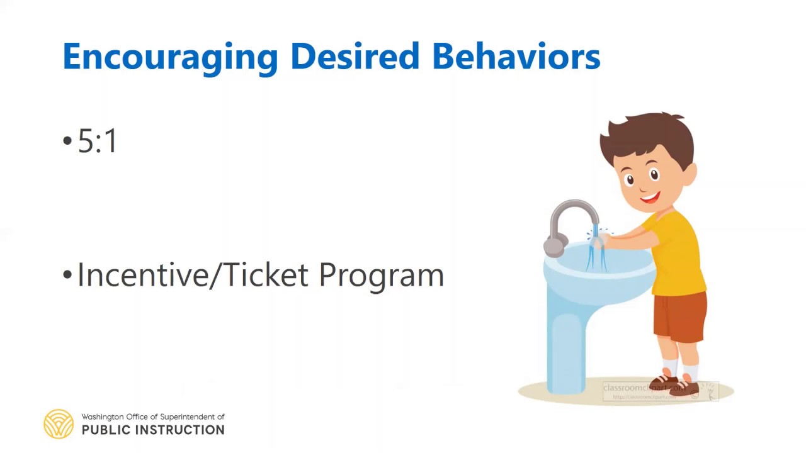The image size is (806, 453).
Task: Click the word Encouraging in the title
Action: pyautogui.click(x=170, y=57)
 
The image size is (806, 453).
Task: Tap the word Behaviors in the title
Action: pyautogui.click(x=516, y=57)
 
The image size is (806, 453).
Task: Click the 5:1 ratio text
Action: pyautogui.click(x=98, y=141)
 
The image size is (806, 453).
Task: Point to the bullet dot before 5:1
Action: pyautogui.click(x=67, y=141)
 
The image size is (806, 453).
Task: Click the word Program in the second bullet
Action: pyautogui.click(x=381, y=276)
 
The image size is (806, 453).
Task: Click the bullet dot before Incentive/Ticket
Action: pyautogui.click(x=67, y=276)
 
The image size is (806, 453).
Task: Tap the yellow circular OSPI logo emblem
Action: pyautogui.click(x=59, y=423)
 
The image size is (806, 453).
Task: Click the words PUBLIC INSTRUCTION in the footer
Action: pyautogui.click(x=153, y=430)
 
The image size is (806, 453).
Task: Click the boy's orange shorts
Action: pyautogui.click(x=679, y=318)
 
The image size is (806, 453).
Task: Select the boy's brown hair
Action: pyautogui.click(x=649, y=135)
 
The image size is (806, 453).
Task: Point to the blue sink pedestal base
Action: pyautogui.click(x=567, y=352)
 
